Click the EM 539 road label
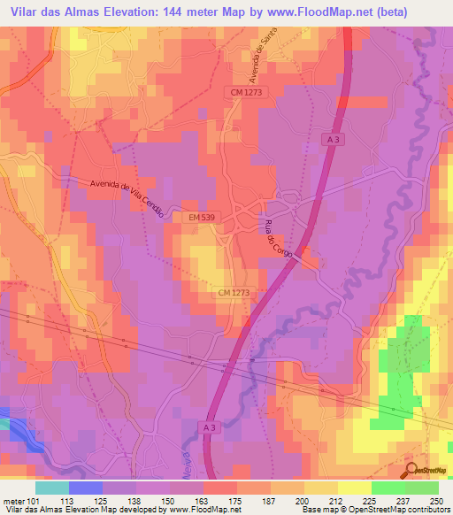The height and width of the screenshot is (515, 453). [x=203, y=216]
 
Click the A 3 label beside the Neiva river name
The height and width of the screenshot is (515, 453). [x=206, y=427]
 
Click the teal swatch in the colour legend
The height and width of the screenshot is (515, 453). [x=52, y=488]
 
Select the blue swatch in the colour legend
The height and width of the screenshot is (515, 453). [x=86, y=488]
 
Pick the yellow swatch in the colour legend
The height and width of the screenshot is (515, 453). [x=321, y=488]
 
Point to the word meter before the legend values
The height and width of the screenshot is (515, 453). [x=13, y=500]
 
